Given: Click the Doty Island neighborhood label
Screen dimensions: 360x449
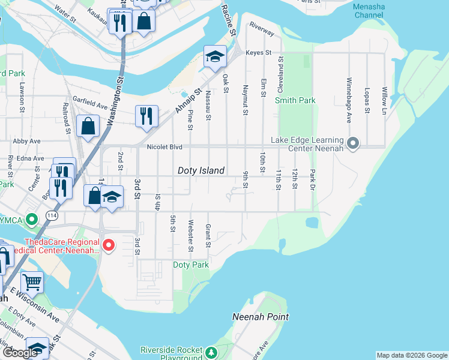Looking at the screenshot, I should [x=201, y=170].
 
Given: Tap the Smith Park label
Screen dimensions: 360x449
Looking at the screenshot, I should [x=295, y=100].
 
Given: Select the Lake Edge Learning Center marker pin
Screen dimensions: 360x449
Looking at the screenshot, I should [x=353, y=143].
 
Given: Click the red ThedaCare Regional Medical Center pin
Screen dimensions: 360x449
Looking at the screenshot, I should [x=108, y=245].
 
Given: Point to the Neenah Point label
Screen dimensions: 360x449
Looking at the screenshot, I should [x=261, y=316].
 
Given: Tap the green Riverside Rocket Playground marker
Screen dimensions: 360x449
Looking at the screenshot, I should [x=211, y=350].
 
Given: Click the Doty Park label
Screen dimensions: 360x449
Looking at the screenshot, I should [x=190, y=265].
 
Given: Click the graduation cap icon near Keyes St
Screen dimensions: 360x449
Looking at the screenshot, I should [x=215, y=56].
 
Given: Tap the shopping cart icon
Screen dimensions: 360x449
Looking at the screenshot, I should [x=32, y=281].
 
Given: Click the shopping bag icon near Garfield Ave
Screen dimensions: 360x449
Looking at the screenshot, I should [x=88, y=126].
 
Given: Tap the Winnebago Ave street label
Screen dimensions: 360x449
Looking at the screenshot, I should [x=349, y=95].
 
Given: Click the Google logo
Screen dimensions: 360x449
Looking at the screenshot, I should [x=20, y=353].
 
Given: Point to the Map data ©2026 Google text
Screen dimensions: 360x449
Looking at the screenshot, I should [x=411, y=355].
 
